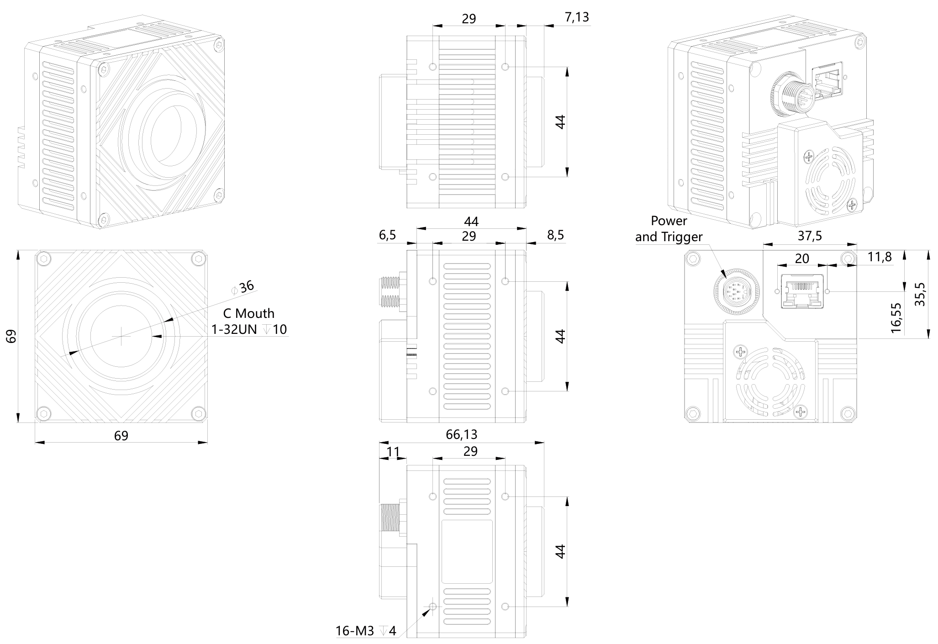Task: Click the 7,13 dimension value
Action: click(x=577, y=17)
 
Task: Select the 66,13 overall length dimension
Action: click(x=461, y=434)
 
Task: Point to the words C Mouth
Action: click(x=248, y=313)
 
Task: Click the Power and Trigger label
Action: click(x=669, y=229)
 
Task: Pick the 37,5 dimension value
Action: click(x=810, y=236)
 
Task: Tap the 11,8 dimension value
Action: click(x=879, y=257)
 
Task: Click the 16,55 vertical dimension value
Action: click(x=896, y=318)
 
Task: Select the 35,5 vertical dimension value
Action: click(x=920, y=294)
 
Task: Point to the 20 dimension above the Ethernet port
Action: click(x=802, y=259)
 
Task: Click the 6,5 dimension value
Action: click(x=387, y=235)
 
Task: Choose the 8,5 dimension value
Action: click(x=555, y=235)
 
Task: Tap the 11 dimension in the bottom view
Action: click(x=393, y=452)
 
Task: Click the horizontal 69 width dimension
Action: click(x=121, y=436)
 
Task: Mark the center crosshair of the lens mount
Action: click(x=121, y=336)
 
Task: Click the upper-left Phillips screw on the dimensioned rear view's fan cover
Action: click(x=740, y=352)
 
